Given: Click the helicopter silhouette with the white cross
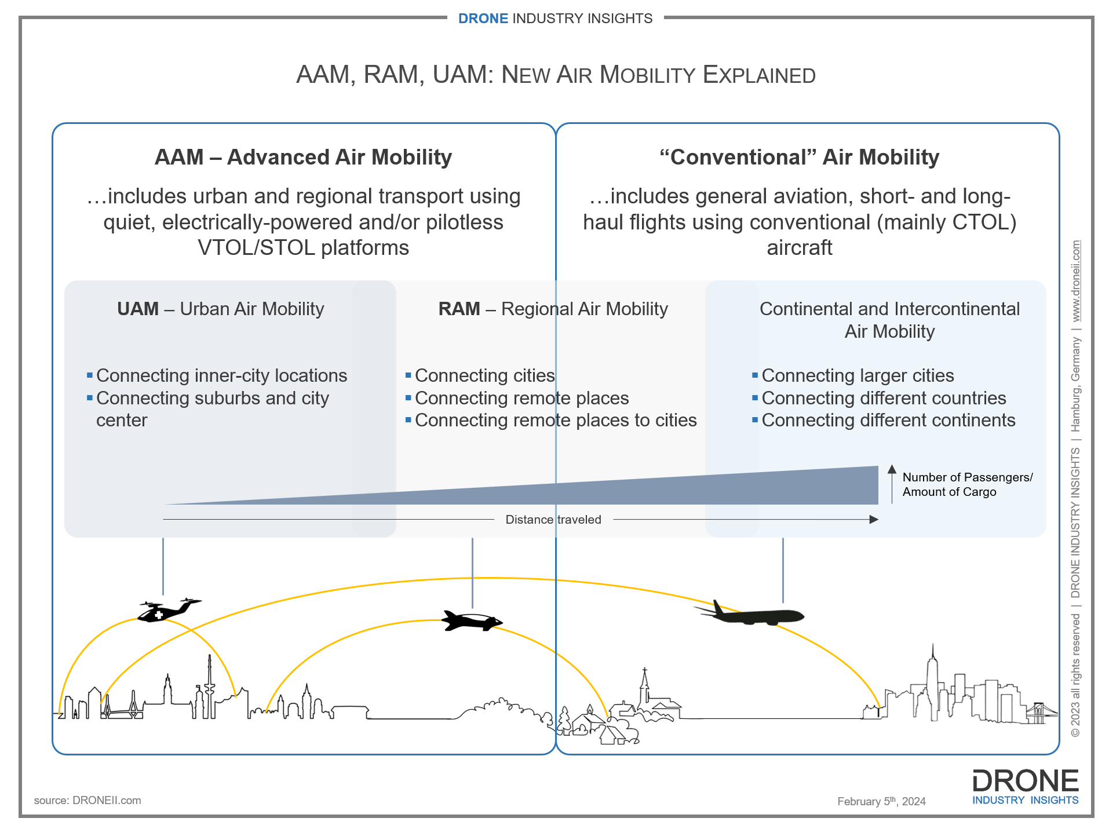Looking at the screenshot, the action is pyautogui.click(x=169, y=610).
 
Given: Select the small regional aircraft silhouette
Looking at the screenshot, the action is pyautogui.click(x=472, y=620).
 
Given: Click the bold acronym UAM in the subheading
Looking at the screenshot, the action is pyautogui.click(x=138, y=309).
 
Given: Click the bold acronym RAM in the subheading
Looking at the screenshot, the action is pyautogui.click(x=459, y=309).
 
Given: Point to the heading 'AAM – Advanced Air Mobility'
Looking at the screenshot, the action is pyautogui.click(x=303, y=157).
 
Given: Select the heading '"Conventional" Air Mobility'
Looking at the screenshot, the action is pyautogui.click(x=799, y=157).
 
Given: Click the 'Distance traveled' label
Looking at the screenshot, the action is pyautogui.click(x=553, y=520).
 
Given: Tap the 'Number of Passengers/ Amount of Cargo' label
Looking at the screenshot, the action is pyautogui.click(x=967, y=484).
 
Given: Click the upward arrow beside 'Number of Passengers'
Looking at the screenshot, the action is pyautogui.click(x=892, y=484).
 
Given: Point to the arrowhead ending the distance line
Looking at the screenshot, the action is pyautogui.click(x=874, y=520).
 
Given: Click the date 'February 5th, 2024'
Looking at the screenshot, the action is pyautogui.click(x=881, y=801).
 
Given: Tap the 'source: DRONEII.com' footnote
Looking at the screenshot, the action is pyautogui.click(x=87, y=800).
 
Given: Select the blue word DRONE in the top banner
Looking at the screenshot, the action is pyautogui.click(x=483, y=19).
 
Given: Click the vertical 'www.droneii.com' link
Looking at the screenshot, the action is pyautogui.click(x=1076, y=281).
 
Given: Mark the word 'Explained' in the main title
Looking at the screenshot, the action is pyautogui.click(x=759, y=75).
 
